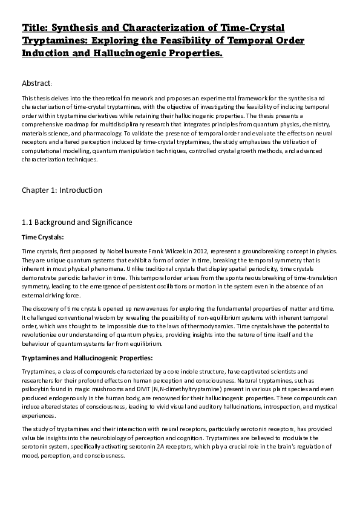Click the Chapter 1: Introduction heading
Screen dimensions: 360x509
(x=62, y=190)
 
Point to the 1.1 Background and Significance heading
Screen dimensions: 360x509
(x=76, y=222)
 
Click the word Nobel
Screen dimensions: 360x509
(x=127, y=250)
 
